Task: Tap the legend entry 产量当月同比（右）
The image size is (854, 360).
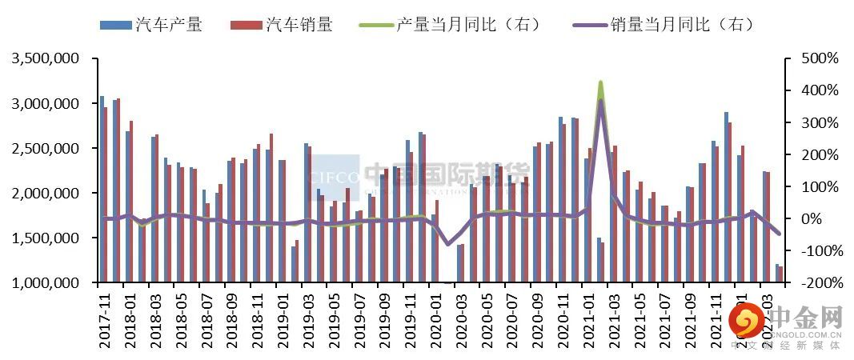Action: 468,25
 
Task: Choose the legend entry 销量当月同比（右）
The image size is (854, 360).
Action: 664,25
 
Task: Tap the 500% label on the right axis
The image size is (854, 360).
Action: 820,59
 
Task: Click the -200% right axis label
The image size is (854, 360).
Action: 818,283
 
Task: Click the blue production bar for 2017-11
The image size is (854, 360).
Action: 102,189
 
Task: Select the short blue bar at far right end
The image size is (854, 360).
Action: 776,273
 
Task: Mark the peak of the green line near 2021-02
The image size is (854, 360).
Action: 600,82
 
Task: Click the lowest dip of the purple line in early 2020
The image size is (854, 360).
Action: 448,244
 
